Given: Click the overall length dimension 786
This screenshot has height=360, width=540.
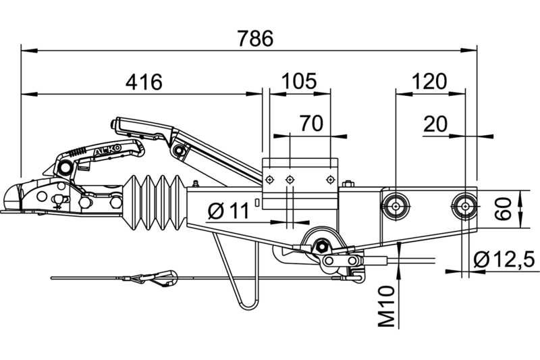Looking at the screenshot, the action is click(255, 38).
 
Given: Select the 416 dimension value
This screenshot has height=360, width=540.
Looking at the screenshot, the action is click(144, 82).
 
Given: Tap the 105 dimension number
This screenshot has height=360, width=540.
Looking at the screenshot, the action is click(298, 81).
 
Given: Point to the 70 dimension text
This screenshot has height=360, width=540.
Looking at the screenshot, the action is click(311, 124).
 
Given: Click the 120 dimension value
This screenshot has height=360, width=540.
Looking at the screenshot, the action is click(429, 81).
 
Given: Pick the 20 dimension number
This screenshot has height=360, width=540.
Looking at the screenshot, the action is click(435, 124).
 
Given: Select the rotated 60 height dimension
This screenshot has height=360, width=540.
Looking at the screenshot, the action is click(502, 209).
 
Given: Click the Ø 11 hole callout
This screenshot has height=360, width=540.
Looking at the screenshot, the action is click(228, 211).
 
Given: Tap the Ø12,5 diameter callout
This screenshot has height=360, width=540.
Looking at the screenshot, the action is click(504, 259).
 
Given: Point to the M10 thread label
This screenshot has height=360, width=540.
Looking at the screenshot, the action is click(386, 306).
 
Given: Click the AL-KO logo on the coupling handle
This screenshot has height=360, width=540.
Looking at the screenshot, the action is click(108, 150).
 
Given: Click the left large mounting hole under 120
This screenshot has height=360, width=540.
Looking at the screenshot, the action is click(396, 207).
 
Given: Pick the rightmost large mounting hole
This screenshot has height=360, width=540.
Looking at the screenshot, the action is click(465, 207).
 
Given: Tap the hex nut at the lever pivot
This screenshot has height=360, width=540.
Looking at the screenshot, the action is click(322, 246).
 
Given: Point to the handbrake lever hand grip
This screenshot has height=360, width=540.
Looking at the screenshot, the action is click(144, 128).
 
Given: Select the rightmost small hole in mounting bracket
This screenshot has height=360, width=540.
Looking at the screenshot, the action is click(330, 180).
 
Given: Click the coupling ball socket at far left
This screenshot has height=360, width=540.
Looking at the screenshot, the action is click(12, 198).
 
